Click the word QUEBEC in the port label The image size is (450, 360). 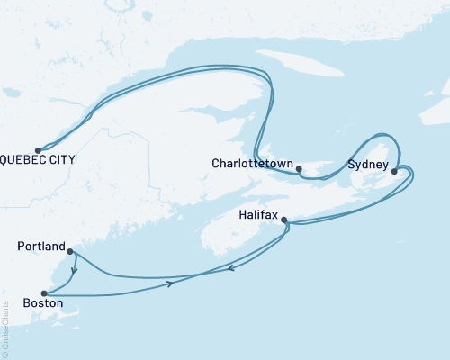27,160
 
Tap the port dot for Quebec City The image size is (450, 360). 38,150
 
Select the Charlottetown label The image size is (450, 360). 251,165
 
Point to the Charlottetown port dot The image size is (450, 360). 299,168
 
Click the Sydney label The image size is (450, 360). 367,166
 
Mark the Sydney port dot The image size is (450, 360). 394,170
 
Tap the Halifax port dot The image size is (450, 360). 284,220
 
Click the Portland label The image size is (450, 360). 40,246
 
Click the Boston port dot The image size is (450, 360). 43,293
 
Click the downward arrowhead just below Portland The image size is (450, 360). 75,267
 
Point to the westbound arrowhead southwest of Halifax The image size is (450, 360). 232,267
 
